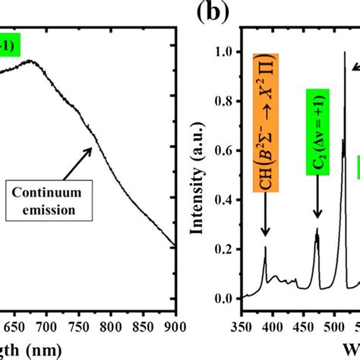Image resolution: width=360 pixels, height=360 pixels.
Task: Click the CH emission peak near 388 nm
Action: (265, 248)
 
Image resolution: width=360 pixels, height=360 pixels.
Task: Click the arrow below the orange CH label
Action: (265, 220)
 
